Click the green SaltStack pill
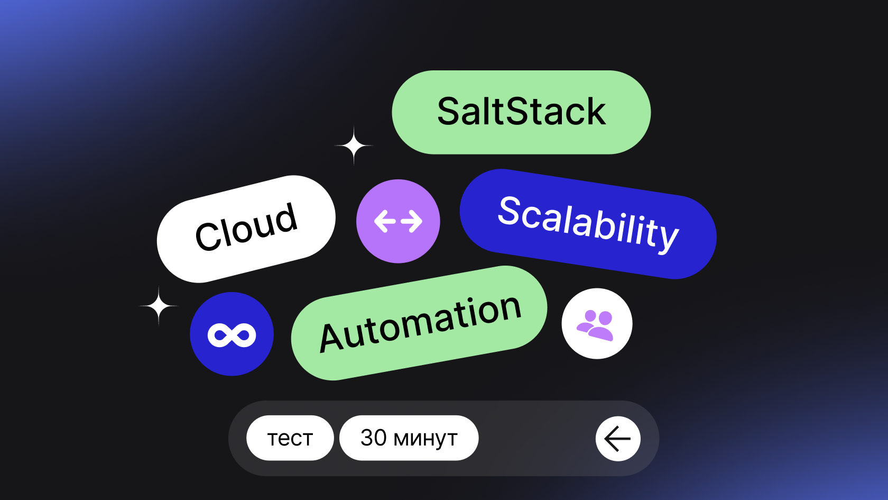pos(521,112)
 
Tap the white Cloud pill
pos(246,229)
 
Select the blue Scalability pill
pos(588,223)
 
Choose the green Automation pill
pos(419,323)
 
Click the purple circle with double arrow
pos(398,221)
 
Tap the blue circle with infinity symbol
pos(232,334)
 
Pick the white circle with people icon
pos(597,323)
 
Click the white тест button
pos(290,438)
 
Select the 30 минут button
pos(409,438)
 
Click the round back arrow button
pos(618,439)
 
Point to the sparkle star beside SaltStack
pos(354,145)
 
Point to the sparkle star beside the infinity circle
pos(159,306)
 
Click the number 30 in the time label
pos(374,438)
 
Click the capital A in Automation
pos(331,337)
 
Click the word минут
pos(425,439)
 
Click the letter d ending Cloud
pos(285,217)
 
